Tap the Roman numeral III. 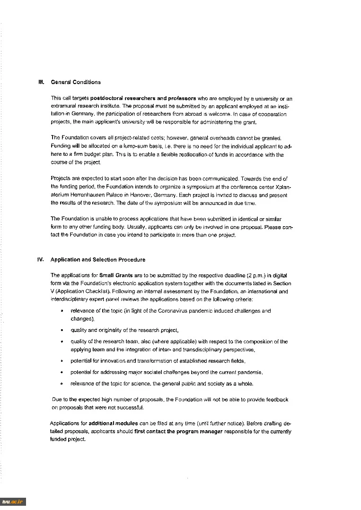(x=41, y=82)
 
